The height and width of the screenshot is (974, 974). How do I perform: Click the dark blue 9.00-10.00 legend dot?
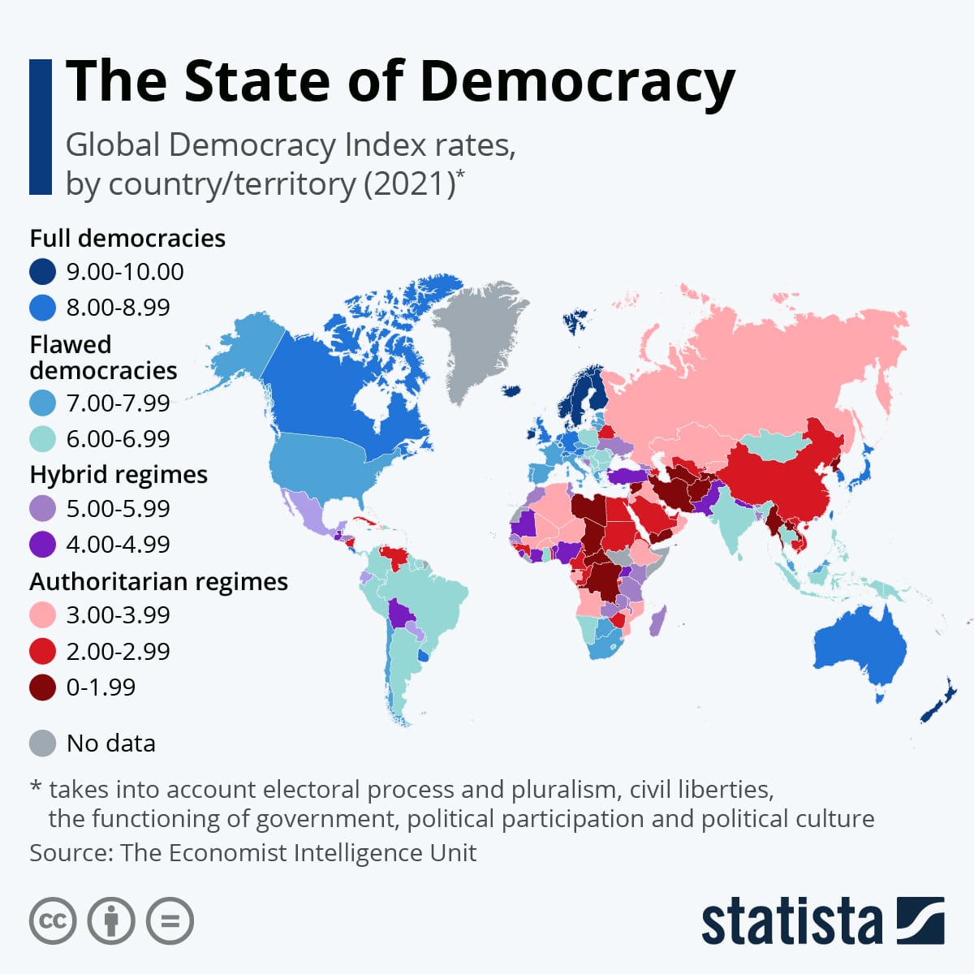[42, 271]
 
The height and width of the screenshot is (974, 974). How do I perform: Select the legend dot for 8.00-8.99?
[42, 308]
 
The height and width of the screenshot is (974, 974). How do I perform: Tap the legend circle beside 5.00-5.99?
[42, 509]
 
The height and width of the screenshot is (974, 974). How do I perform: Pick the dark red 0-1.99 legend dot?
[42, 687]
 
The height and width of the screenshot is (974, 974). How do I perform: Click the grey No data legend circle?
[42, 743]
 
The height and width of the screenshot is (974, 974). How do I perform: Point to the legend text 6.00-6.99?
[118, 439]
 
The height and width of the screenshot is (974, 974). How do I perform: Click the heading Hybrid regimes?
[119, 474]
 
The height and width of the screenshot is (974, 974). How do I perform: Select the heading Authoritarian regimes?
[158, 581]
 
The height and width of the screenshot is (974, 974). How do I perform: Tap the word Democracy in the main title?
[577, 81]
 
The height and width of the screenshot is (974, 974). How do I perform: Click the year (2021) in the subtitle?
[408, 183]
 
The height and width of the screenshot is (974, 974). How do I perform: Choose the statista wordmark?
[791, 921]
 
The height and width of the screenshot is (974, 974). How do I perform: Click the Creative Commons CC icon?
[53, 921]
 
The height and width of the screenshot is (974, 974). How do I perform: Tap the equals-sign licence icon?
[170, 921]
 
